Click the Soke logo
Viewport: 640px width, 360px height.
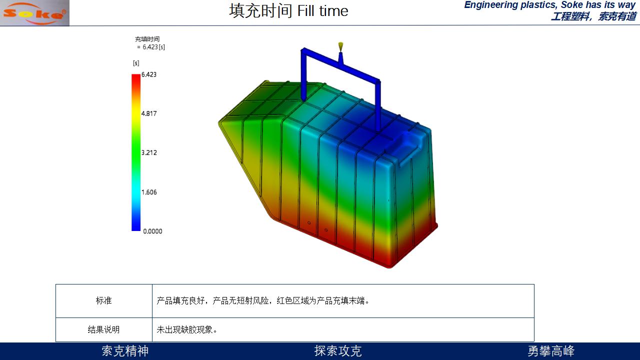tap(34, 13)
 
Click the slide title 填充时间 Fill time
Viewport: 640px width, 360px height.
tap(288, 11)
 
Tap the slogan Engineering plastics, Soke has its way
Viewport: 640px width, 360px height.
tap(550, 5)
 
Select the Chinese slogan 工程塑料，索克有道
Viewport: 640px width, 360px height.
tap(593, 16)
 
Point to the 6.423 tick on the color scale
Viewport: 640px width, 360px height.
tap(149, 74)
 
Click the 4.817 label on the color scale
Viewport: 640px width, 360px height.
tap(149, 113)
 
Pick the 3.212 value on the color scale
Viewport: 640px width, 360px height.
tap(149, 152)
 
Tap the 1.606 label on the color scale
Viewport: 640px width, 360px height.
tap(149, 192)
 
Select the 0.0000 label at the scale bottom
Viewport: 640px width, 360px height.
tap(152, 231)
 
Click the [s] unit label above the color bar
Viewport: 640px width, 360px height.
tap(136, 63)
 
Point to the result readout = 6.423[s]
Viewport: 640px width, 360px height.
tap(151, 47)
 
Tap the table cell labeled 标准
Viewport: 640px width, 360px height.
tap(103, 300)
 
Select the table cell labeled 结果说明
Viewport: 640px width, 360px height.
tap(103, 329)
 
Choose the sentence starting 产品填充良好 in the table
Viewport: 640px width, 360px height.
tap(263, 300)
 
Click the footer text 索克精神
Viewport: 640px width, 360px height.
tap(125, 351)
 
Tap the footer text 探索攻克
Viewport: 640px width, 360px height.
tap(338, 351)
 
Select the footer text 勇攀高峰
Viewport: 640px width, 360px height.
tap(551, 351)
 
